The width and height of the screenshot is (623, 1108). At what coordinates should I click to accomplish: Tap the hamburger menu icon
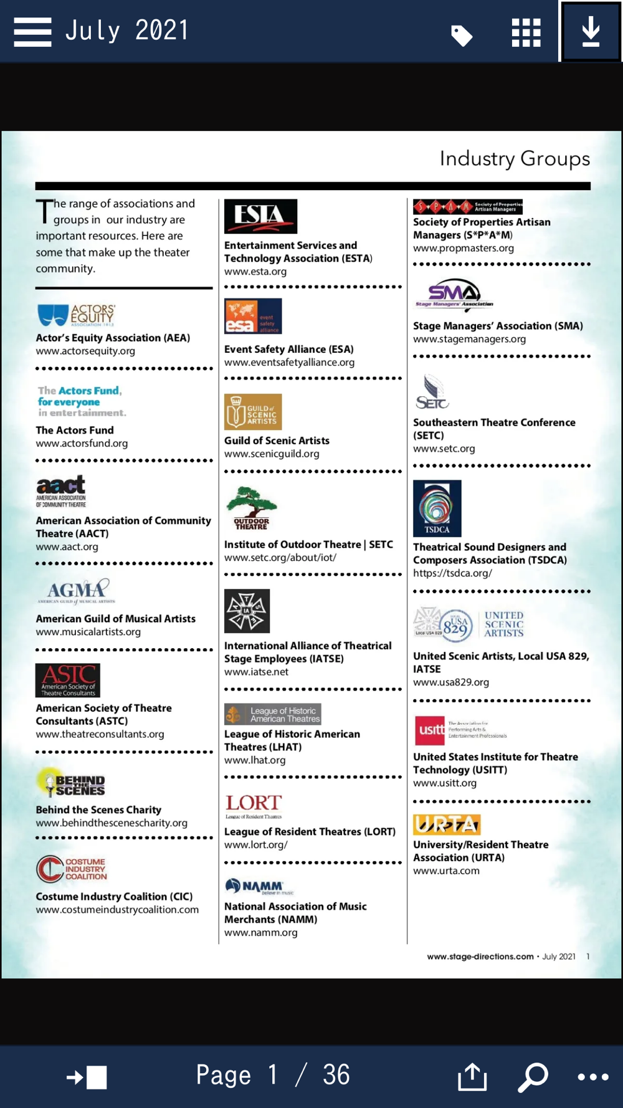point(32,31)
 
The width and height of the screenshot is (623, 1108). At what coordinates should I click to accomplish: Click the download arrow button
point(591,31)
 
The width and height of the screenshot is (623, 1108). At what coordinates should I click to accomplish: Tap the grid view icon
point(526,32)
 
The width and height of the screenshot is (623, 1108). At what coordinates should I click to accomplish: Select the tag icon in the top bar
point(462,36)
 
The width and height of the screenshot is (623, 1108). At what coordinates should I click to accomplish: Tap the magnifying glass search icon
point(533,1076)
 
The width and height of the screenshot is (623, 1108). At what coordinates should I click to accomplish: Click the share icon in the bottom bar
point(472,1076)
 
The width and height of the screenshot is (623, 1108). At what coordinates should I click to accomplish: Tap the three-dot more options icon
point(592,1076)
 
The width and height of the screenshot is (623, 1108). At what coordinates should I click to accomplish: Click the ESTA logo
point(260,216)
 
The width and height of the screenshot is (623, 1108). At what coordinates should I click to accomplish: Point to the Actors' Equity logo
point(76,315)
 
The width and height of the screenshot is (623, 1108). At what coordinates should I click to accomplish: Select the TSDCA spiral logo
point(437,508)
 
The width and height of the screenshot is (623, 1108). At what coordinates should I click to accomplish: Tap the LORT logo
point(254,806)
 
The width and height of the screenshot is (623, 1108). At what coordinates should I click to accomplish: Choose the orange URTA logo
point(447,824)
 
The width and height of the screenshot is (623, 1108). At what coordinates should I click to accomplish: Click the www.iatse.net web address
point(256,672)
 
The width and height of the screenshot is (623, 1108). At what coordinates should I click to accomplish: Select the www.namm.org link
point(260,932)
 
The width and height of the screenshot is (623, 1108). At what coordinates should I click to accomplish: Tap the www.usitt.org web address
point(444,783)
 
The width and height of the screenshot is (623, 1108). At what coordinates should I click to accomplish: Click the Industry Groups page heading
point(515,158)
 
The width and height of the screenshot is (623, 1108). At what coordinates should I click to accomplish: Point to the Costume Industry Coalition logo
point(72,869)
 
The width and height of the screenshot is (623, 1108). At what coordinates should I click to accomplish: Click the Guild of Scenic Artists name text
point(277,441)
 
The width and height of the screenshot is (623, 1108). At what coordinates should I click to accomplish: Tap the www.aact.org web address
point(67,547)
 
